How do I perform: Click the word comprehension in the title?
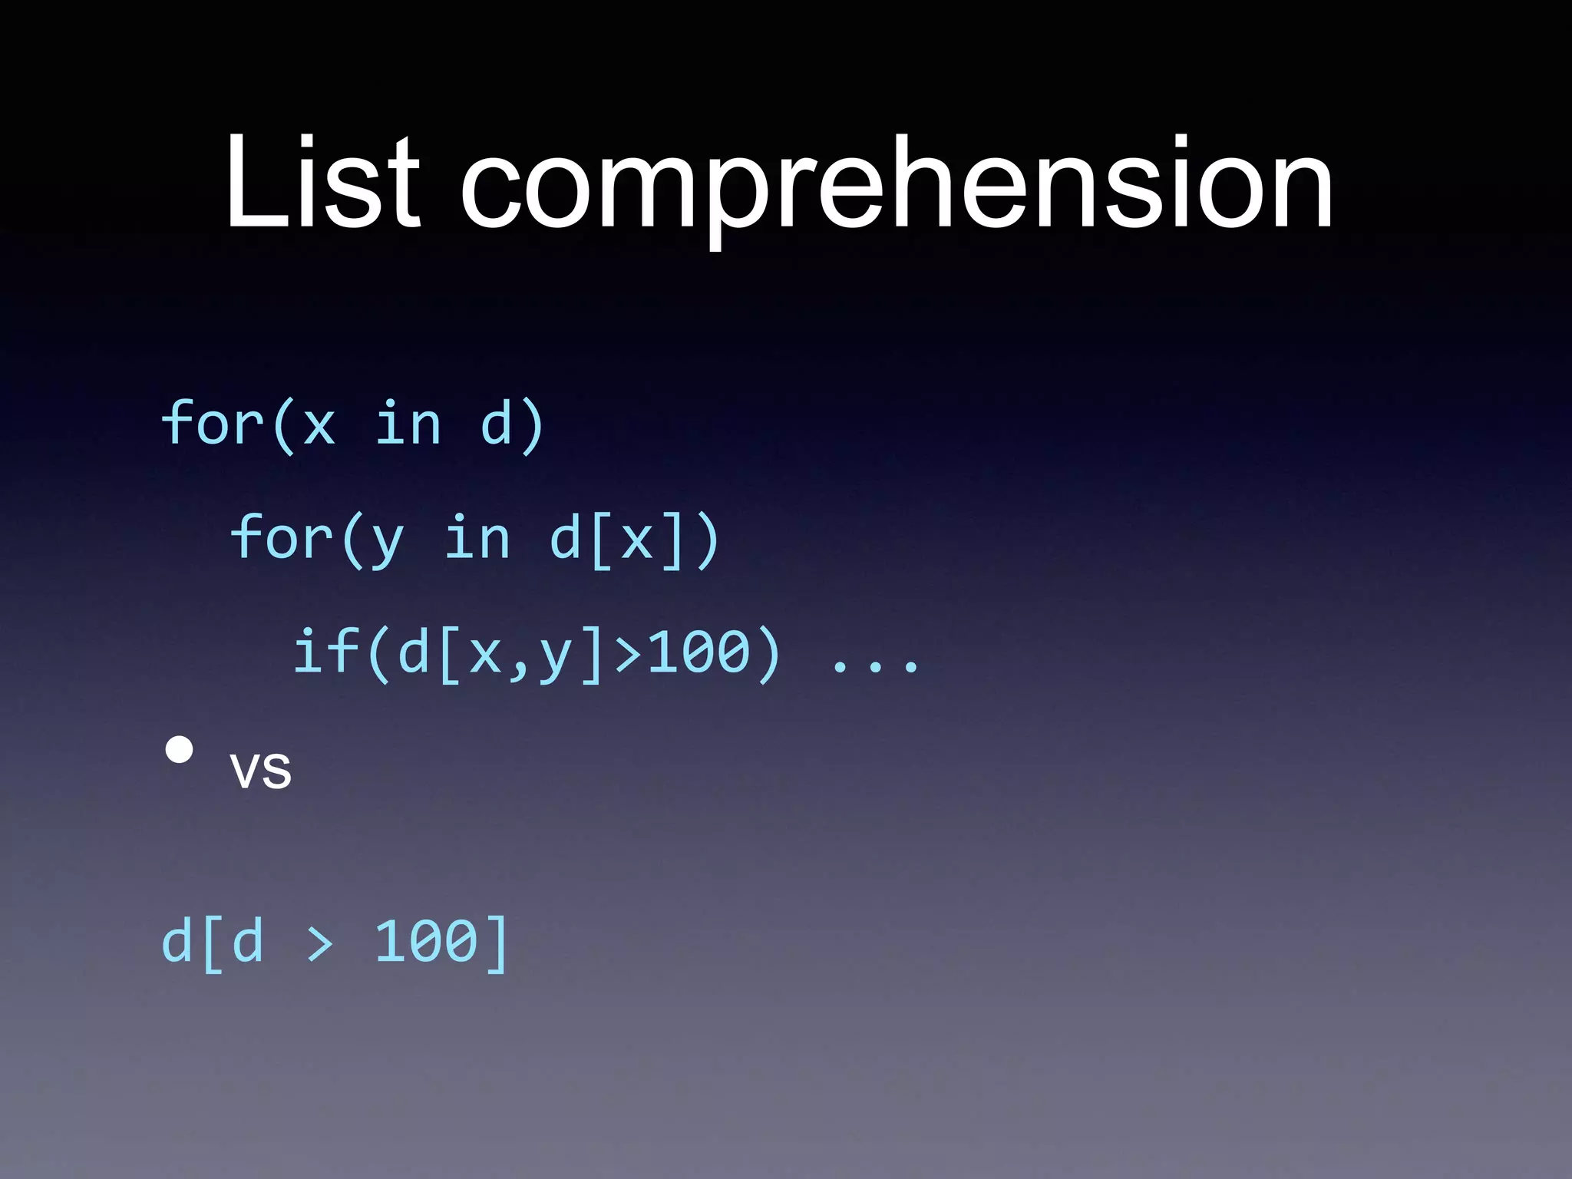[897, 188]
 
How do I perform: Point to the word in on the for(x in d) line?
[408, 424]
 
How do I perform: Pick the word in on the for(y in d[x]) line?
[477, 538]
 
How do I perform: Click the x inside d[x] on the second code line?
[637, 540]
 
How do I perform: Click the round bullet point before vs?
[179, 749]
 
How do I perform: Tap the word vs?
[261, 769]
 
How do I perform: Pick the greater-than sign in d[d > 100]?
[319, 943]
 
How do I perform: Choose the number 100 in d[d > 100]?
[426, 942]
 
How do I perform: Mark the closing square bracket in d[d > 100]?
[497, 943]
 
